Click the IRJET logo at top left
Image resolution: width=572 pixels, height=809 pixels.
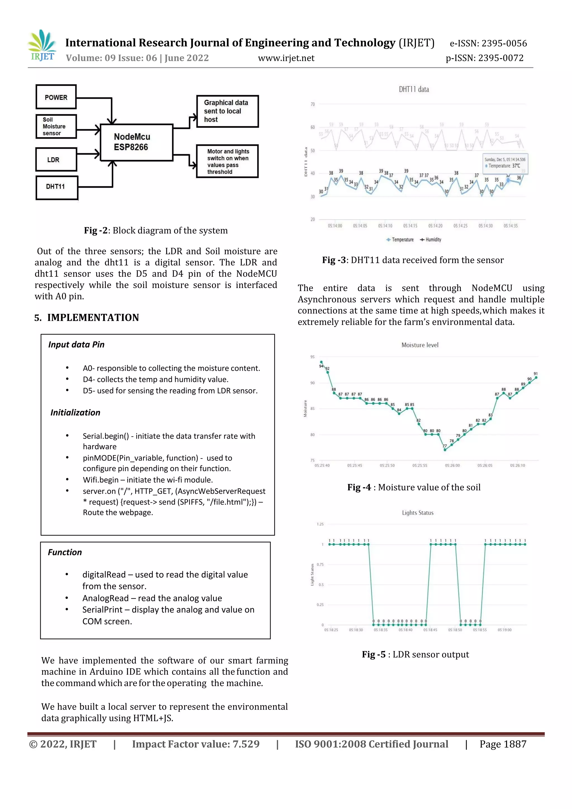click(42, 46)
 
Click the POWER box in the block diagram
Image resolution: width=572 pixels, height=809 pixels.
click(56, 97)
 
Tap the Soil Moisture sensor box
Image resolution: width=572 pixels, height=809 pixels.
click(56, 127)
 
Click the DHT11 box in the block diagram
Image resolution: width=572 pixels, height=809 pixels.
click(56, 187)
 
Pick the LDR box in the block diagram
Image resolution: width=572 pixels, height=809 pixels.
click(56, 160)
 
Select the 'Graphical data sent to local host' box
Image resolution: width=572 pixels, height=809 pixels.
click(227, 111)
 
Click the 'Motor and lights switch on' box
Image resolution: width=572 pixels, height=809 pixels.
click(227, 161)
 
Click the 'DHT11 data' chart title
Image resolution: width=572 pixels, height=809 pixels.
click(413, 89)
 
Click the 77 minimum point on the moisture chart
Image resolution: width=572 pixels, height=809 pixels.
click(445, 450)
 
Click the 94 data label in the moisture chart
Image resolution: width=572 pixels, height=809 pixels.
click(321, 366)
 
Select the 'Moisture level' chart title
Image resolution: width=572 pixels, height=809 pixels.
click(420, 345)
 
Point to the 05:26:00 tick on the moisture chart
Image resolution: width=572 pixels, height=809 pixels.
click(452, 466)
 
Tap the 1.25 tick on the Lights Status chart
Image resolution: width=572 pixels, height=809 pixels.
click(320, 524)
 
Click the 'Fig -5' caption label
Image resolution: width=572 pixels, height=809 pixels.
click(374, 654)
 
